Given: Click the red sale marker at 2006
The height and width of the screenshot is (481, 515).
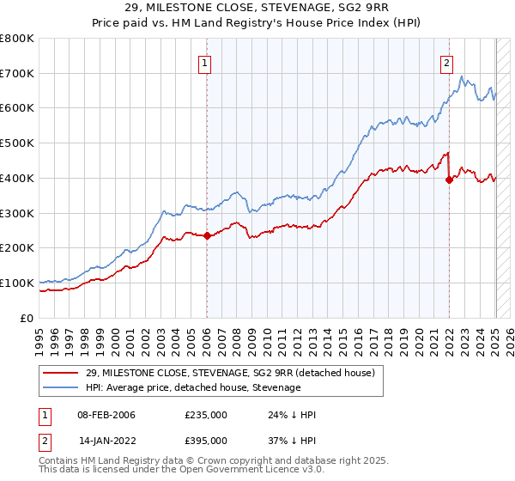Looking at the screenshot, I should (x=207, y=235).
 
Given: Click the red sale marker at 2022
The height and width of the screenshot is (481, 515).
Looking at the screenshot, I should (x=449, y=180).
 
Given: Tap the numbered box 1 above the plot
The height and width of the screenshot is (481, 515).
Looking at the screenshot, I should (x=207, y=62).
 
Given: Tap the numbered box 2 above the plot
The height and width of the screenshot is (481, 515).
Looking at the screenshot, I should (x=447, y=62).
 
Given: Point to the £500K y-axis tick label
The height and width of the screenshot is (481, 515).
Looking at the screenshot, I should (x=17, y=143).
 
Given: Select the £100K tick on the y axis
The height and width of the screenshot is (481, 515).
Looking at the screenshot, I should (x=17, y=283).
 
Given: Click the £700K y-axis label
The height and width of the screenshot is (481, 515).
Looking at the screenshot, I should (x=17, y=74).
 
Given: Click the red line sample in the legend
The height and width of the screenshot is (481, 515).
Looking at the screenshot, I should (x=62, y=374).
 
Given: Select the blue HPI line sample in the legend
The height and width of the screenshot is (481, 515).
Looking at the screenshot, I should (x=62, y=387).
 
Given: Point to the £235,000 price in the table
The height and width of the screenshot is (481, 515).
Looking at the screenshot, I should (x=205, y=415).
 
